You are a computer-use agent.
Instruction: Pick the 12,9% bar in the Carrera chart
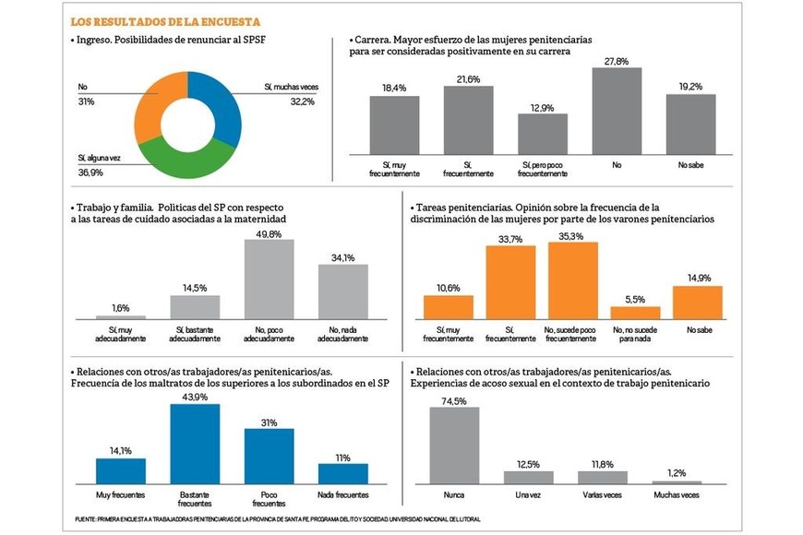pyautogui.click(x=542, y=134)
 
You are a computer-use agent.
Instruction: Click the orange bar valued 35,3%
pyautogui.click(x=572, y=280)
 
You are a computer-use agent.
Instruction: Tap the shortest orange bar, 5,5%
pyautogui.click(x=635, y=313)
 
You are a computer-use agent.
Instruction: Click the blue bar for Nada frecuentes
pyautogui.click(x=343, y=474)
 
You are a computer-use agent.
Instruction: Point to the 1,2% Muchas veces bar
pyautogui.click(x=677, y=482)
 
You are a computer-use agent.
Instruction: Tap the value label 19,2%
pyautogui.click(x=690, y=87)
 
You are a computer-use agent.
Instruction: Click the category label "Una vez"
pyautogui.click(x=528, y=494)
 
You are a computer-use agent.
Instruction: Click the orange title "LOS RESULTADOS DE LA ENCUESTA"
pyautogui.click(x=165, y=21)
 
